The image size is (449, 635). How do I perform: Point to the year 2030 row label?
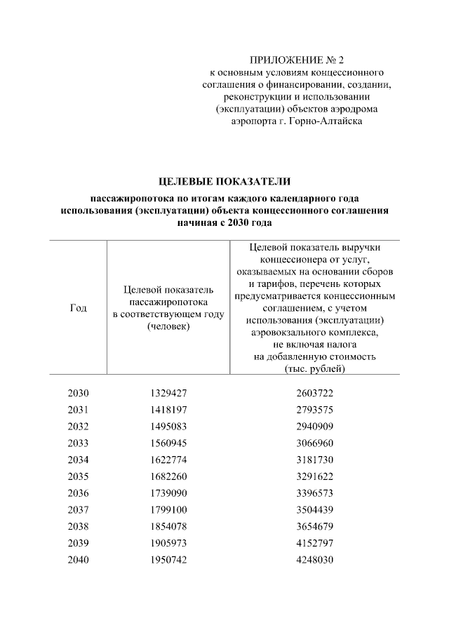pyautogui.click(x=79, y=394)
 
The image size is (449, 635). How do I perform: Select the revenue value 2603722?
pyautogui.click(x=314, y=394)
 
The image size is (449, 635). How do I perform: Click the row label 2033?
pyautogui.click(x=79, y=443)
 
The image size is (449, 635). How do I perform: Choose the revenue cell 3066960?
pyautogui.click(x=314, y=443)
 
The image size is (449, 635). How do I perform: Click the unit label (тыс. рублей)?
pyautogui.click(x=314, y=368)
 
